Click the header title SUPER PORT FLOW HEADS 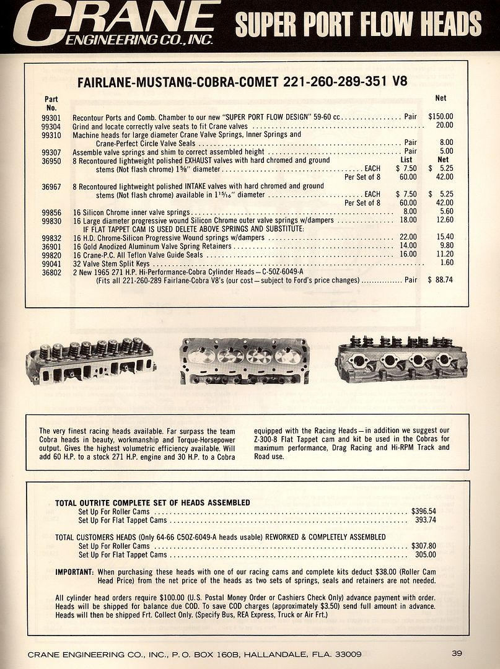(x=358, y=25)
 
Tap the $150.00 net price (x=441, y=116)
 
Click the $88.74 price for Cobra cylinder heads (x=441, y=280)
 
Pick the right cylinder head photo (x=401, y=359)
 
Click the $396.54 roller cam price (x=424, y=512)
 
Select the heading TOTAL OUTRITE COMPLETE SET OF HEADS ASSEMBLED (x=152, y=502)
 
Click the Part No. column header (x=51, y=103)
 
